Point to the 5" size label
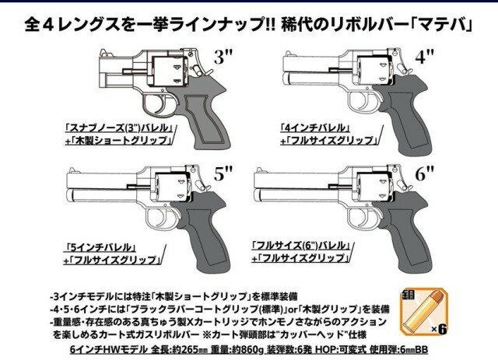click(223, 175)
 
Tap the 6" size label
click(445, 175)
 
